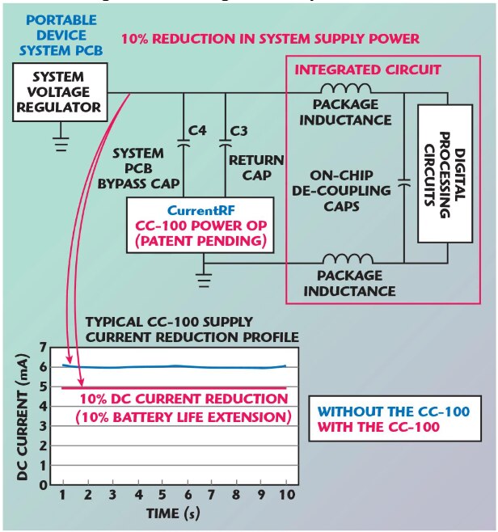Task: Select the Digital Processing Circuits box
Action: [x=444, y=173]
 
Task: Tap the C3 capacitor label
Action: [x=238, y=130]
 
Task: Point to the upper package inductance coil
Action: [x=345, y=91]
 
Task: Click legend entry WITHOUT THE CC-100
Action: [x=393, y=411]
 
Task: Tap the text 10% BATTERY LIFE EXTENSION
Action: [x=185, y=418]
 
